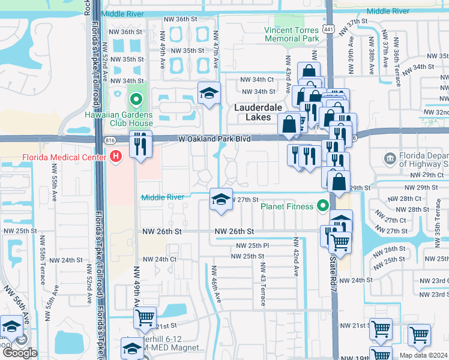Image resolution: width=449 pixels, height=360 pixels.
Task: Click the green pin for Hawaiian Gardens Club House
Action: point(136,100)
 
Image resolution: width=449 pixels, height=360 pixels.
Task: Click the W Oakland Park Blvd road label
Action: point(214,139)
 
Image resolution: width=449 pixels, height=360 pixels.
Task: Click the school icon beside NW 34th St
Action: point(209,93)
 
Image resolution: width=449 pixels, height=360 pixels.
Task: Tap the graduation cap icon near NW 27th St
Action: point(220,200)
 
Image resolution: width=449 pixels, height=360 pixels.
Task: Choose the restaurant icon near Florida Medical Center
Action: point(140,145)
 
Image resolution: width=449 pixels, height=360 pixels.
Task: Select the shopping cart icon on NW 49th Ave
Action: point(145,318)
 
